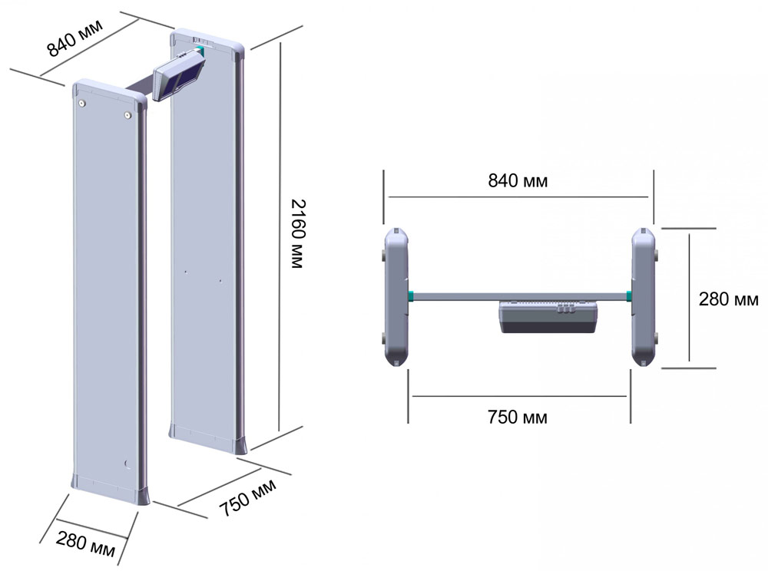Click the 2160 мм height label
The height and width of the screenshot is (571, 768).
[298, 233]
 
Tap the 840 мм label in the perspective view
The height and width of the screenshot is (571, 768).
[75, 38]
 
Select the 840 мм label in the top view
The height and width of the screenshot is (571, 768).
[518, 180]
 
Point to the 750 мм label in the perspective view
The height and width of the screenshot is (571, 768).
[247, 497]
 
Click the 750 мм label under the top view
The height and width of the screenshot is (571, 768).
[517, 417]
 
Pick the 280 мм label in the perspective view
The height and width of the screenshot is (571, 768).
[85, 543]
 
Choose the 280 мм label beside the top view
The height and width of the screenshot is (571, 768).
[728, 299]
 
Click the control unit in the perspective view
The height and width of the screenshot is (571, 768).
[179, 75]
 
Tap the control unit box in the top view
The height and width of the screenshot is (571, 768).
[548, 317]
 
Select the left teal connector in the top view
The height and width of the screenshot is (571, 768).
[410, 295]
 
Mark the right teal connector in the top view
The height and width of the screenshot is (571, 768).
[629, 295]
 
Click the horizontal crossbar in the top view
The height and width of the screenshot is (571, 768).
[520, 296]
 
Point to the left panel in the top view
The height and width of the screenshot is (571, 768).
[396, 297]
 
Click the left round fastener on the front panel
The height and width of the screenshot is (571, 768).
[82, 104]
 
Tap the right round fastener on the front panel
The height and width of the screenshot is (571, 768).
[127, 115]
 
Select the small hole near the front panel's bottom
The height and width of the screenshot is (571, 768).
[127, 464]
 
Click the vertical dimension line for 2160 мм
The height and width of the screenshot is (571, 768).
[280, 236]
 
